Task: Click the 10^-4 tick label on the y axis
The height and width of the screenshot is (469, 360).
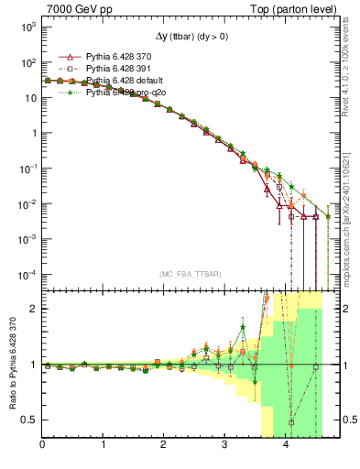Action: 26,274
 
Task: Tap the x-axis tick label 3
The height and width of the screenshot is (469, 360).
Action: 224,444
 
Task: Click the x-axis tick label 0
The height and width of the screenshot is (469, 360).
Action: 43,444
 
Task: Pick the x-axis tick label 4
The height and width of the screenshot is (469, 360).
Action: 285,444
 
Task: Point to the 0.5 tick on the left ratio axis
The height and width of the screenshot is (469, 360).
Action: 28,420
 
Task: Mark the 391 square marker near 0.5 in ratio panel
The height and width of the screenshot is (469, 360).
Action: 291,422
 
